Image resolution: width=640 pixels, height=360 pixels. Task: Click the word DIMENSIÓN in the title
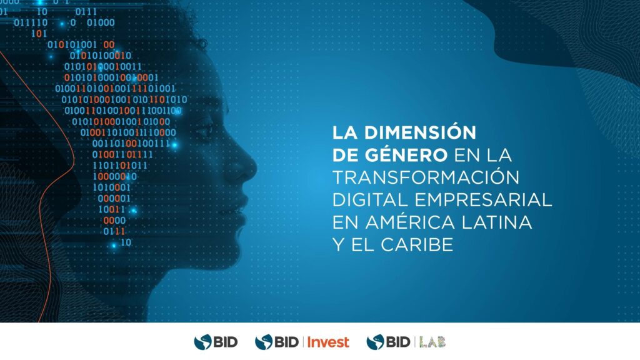tap(420, 132)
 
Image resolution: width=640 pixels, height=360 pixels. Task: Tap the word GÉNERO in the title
tap(406, 155)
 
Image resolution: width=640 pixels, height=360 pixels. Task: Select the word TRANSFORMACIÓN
tap(426, 177)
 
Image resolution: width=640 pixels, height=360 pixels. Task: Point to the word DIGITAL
tap(370, 199)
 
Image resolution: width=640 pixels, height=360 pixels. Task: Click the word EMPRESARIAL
tap(483, 199)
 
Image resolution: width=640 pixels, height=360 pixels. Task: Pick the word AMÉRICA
tap(410, 222)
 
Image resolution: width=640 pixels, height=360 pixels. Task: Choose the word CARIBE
tap(417, 244)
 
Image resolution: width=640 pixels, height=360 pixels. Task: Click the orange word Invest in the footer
tap(328, 342)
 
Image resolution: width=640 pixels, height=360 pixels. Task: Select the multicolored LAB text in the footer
tap(432, 342)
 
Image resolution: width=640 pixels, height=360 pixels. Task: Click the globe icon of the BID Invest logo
tap(264, 342)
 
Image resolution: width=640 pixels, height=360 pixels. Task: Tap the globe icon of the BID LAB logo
tap(375, 342)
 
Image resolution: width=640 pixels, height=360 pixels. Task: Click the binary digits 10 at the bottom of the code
tap(126, 242)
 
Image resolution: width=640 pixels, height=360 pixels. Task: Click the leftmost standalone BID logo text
tap(225, 342)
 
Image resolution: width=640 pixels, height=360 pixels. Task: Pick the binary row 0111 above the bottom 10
tap(114, 231)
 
